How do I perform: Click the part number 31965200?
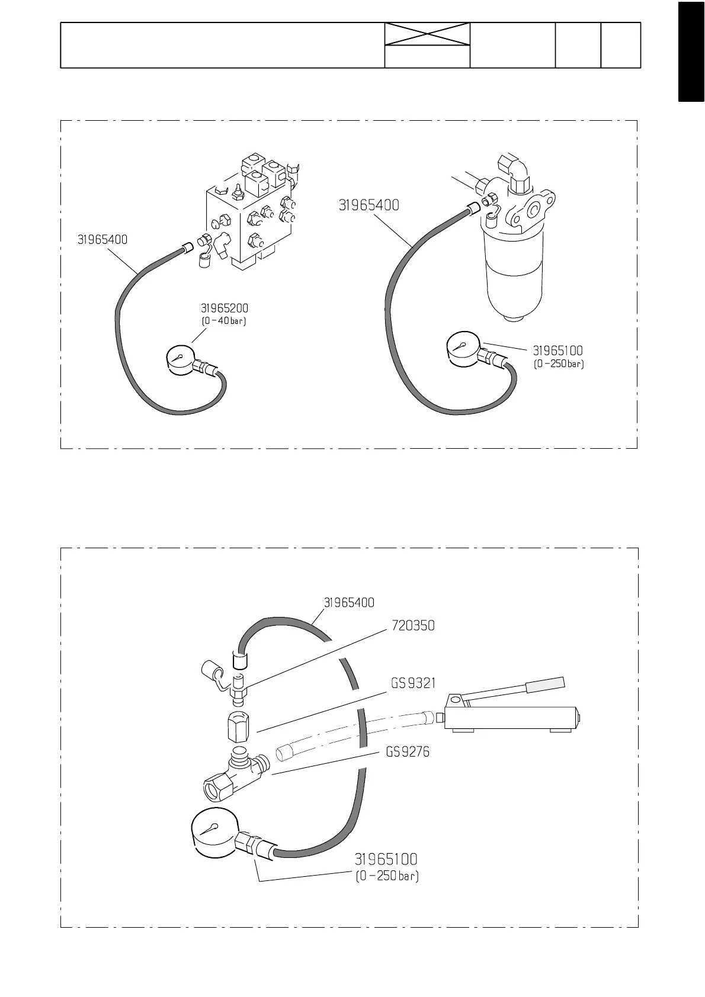(x=225, y=308)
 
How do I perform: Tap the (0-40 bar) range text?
(x=224, y=321)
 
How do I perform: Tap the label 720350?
(x=413, y=626)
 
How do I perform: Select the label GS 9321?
(x=413, y=684)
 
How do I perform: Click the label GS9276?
(x=408, y=752)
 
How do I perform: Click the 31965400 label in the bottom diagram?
(x=349, y=603)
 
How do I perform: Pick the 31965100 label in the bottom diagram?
(x=386, y=859)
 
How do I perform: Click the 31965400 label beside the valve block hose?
(x=102, y=240)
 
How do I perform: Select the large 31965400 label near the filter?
(x=368, y=205)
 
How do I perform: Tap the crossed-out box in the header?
(x=427, y=34)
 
